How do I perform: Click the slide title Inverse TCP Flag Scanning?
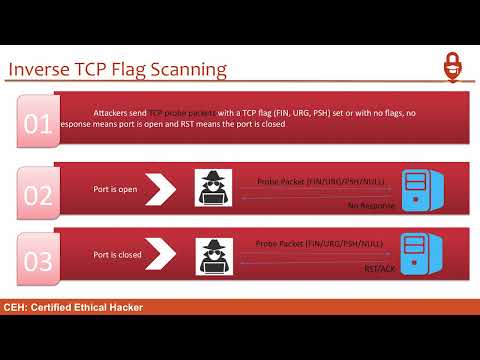(117, 69)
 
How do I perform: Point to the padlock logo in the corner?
(454, 67)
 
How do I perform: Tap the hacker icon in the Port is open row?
(213, 189)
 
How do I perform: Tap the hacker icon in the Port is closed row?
(213, 256)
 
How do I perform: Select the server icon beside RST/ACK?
(416, 255)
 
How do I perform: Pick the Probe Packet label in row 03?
(319, 243)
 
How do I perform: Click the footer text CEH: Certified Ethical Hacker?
(73, 307)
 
